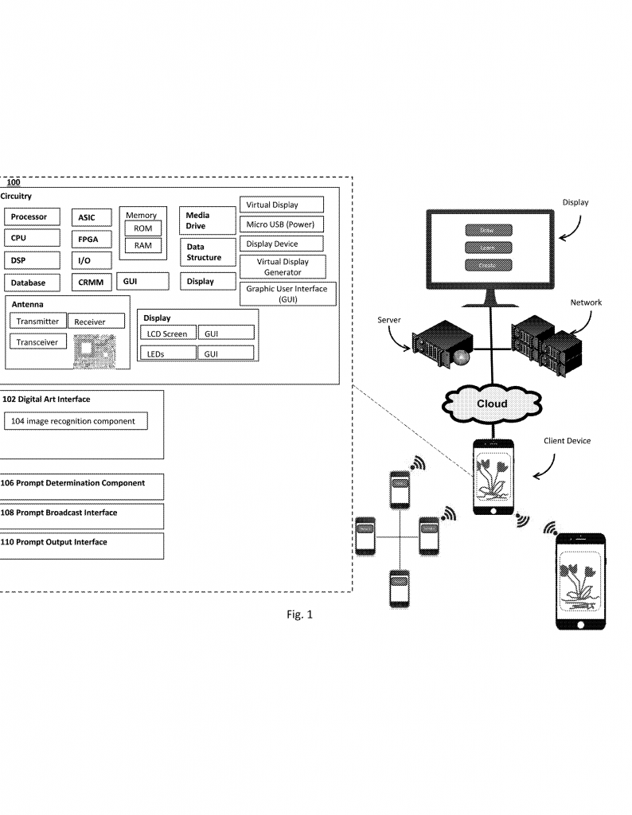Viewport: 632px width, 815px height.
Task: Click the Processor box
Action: click(31, 217)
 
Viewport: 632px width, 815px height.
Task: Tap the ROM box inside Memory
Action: click(142, 228)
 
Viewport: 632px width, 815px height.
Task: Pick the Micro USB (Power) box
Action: click(281, 224)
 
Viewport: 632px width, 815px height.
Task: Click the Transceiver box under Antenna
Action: click(37, 341)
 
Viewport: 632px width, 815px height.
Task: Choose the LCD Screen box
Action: click(167, 334)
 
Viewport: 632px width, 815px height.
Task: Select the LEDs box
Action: click(167, 353)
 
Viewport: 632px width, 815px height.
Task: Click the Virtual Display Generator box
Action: click(283, 267)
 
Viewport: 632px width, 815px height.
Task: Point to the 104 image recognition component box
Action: click(76, 421)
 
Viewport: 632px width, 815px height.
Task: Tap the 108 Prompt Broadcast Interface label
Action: click(60, 513)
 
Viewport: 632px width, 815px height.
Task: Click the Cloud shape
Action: click(491, 404)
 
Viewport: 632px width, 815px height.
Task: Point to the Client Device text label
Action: click(567, 441)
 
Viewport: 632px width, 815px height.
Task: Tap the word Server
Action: click(389, 319)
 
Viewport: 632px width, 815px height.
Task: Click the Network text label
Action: click(585, 302)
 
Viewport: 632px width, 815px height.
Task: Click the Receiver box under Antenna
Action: click(97, 322)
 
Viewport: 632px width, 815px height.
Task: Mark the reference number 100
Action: click(14, 182)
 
